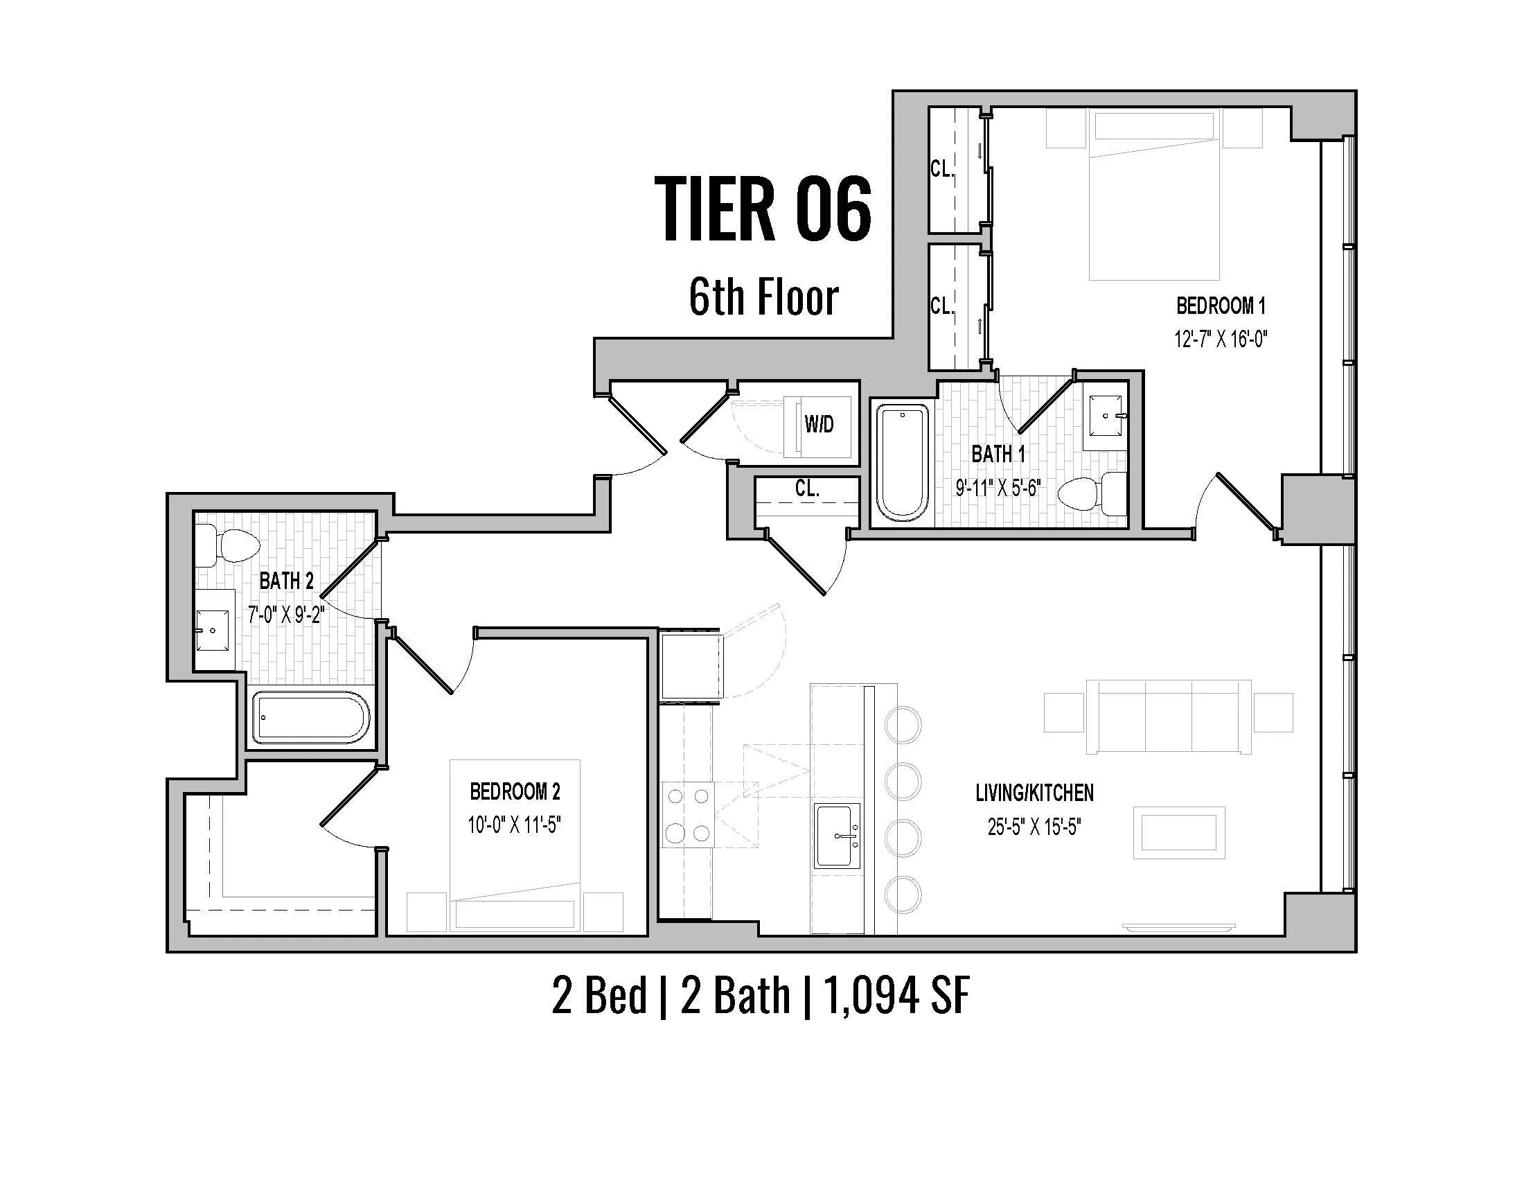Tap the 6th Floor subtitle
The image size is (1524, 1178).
[x=763, y=297]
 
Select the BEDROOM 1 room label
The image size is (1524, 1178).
[x=1221, y=306]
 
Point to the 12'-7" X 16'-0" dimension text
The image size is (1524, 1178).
[x=1221, y=340]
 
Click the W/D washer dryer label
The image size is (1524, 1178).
[x=819, y=423]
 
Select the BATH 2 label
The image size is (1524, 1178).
[x=286, y=581]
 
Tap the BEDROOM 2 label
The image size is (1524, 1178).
[x=515, y=791]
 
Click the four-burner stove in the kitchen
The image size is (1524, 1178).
[x=688, y=814]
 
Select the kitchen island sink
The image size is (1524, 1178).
[x=838, y=836]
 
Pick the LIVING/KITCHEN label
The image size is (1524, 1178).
[x=1034, y=793]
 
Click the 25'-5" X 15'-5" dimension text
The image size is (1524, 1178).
[x=1034, y=827]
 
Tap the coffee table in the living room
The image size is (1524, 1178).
[x=1178, y=832]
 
